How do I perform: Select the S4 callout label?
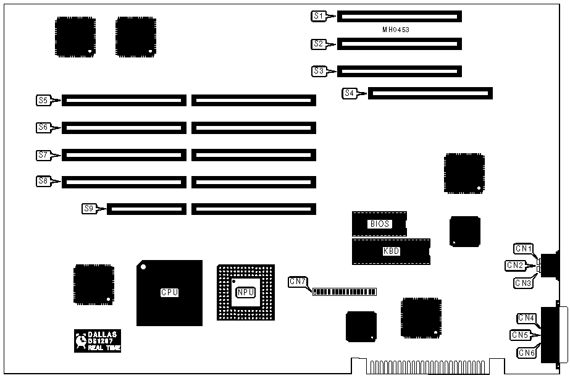pos(350,94)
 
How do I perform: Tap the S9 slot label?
pos(89,209)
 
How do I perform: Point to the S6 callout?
pos(43,127)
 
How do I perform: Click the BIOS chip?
pos(379,224)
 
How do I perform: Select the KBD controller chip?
pos(390,251)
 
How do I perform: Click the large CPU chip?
pos(169,293)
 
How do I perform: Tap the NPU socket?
pos(245,292)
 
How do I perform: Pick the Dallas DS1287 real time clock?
pos(98,340)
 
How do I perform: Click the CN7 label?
pos(297,282)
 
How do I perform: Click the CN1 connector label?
pos(524,249)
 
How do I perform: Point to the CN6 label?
pos(526,353)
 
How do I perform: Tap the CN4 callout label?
pos(526,318)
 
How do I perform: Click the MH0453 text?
pos(396,30)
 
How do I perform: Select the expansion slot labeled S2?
pos(399,44)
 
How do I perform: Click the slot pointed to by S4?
pos(430,94)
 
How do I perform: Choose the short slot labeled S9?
pos(146,209)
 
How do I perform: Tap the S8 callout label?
pos(43,182)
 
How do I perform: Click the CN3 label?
pos(524,283)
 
